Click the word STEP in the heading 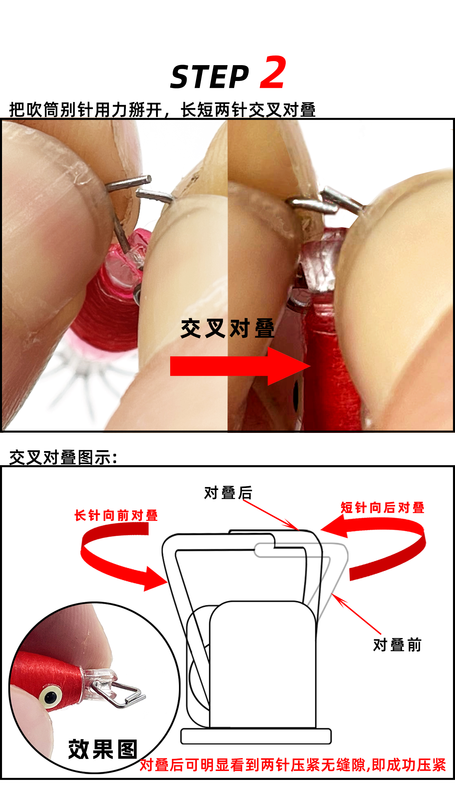pyautogui.click(x=210, y=77)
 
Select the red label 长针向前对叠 pyautogui.click(x=116, y=516)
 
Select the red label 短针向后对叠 pyautogui.click(x=382, y=508)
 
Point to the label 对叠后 pyautogui.click(x=228, y=493)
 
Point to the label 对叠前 pyautogui.click(x=397, y=645)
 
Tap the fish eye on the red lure pyautogui.click(x=50, y=698)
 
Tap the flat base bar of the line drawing pyautogui.click(x=256, y=736)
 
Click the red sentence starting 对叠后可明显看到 pyautogui.click(x=293, y=765)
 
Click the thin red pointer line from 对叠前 pyautogui.click(x=357, y=614)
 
